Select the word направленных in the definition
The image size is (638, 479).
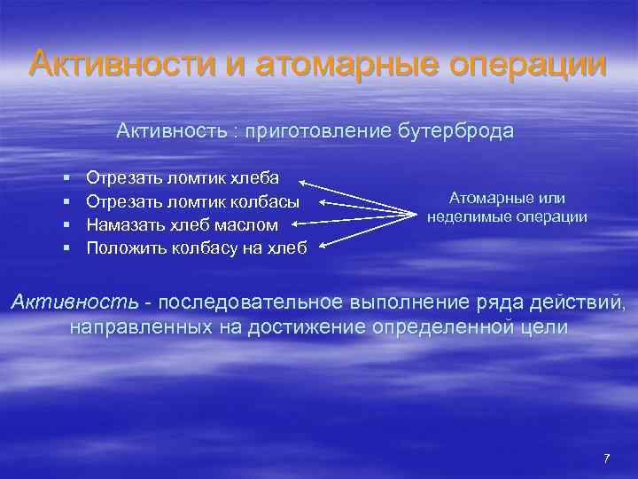[140, 328]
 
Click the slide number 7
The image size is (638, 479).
[606, 459]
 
